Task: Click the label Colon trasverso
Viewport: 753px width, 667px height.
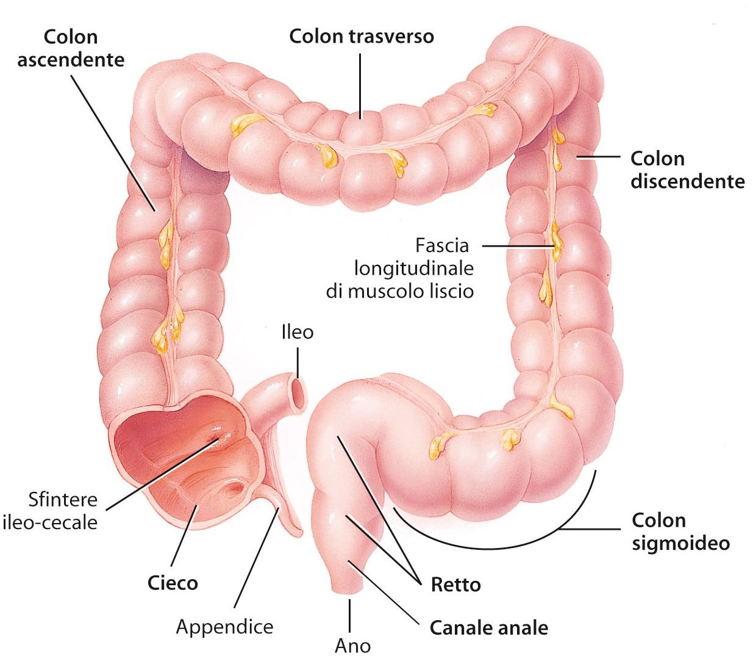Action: point(361,36)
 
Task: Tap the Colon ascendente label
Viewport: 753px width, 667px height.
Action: point(71,48)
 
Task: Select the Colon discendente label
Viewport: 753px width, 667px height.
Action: point(687,170)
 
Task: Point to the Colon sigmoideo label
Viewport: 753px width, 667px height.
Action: point(680,532)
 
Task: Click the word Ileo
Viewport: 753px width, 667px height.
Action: point(298,332)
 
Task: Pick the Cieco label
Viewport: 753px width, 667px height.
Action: point(173,582)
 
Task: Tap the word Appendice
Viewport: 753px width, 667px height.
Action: point(224,626)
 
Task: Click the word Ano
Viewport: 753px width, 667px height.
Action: point(352,646)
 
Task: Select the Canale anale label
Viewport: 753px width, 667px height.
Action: point(488,628)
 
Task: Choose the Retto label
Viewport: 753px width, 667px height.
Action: point(455,585)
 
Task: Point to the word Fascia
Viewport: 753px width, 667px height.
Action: point(442,246)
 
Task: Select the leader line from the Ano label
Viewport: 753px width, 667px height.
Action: point(350,615)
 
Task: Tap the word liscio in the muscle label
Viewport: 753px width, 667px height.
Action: point(451,291)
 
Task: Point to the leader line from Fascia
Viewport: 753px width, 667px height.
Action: point(518,246)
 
